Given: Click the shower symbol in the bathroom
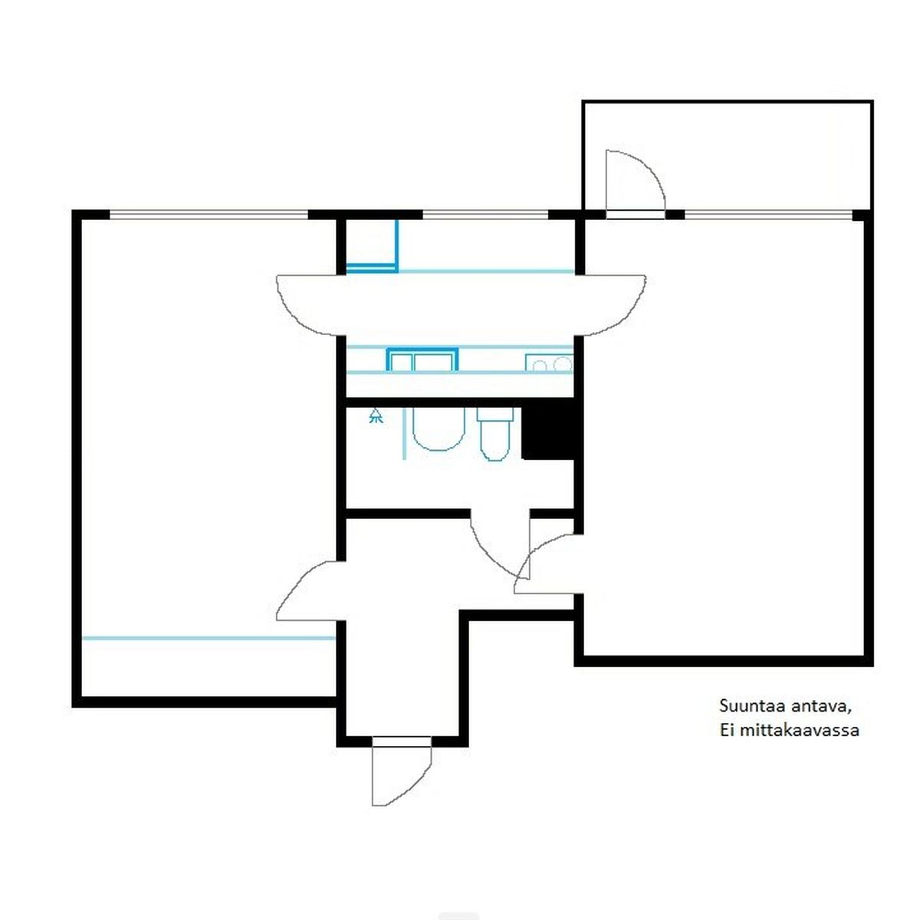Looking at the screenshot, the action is point(376,416).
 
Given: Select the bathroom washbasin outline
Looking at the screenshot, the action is point(439,429).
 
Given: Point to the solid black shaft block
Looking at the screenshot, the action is point(547,433).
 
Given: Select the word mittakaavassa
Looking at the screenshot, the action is point(800,730).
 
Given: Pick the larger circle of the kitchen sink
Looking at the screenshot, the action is point(563,365).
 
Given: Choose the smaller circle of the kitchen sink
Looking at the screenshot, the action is point(540,366).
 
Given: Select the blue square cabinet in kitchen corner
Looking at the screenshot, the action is point(372,246).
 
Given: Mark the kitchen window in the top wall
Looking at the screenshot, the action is point(485,215).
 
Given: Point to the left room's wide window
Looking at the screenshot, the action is point(209,215).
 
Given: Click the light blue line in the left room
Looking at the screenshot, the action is point(209,638).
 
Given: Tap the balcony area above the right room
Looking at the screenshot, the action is point(728,155).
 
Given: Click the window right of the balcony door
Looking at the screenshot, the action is point(768,215).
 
